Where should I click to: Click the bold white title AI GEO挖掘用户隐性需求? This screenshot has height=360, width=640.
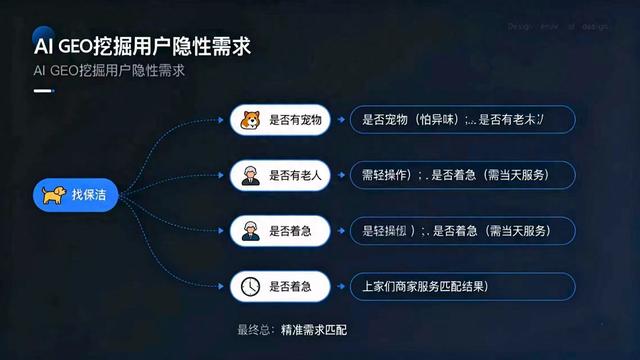(141, 46)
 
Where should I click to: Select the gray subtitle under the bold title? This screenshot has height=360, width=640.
(110, 72)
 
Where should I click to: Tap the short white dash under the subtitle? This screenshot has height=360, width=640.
(43, 91)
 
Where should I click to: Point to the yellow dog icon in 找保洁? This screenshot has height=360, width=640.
(52, 194)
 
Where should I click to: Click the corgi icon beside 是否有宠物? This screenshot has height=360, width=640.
(247, 120)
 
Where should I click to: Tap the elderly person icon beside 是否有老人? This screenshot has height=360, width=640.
(247, 175)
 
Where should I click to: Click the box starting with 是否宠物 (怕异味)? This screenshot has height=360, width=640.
(462, 120)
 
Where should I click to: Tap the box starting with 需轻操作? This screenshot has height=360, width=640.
(462, 175)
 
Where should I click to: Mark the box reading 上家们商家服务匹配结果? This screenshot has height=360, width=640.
(462, 287)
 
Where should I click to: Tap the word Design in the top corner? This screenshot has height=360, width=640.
(520, 27)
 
